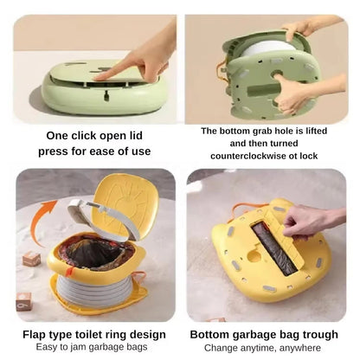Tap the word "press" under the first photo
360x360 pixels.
click(56, 151)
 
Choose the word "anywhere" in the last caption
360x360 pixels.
click(299, 349)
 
